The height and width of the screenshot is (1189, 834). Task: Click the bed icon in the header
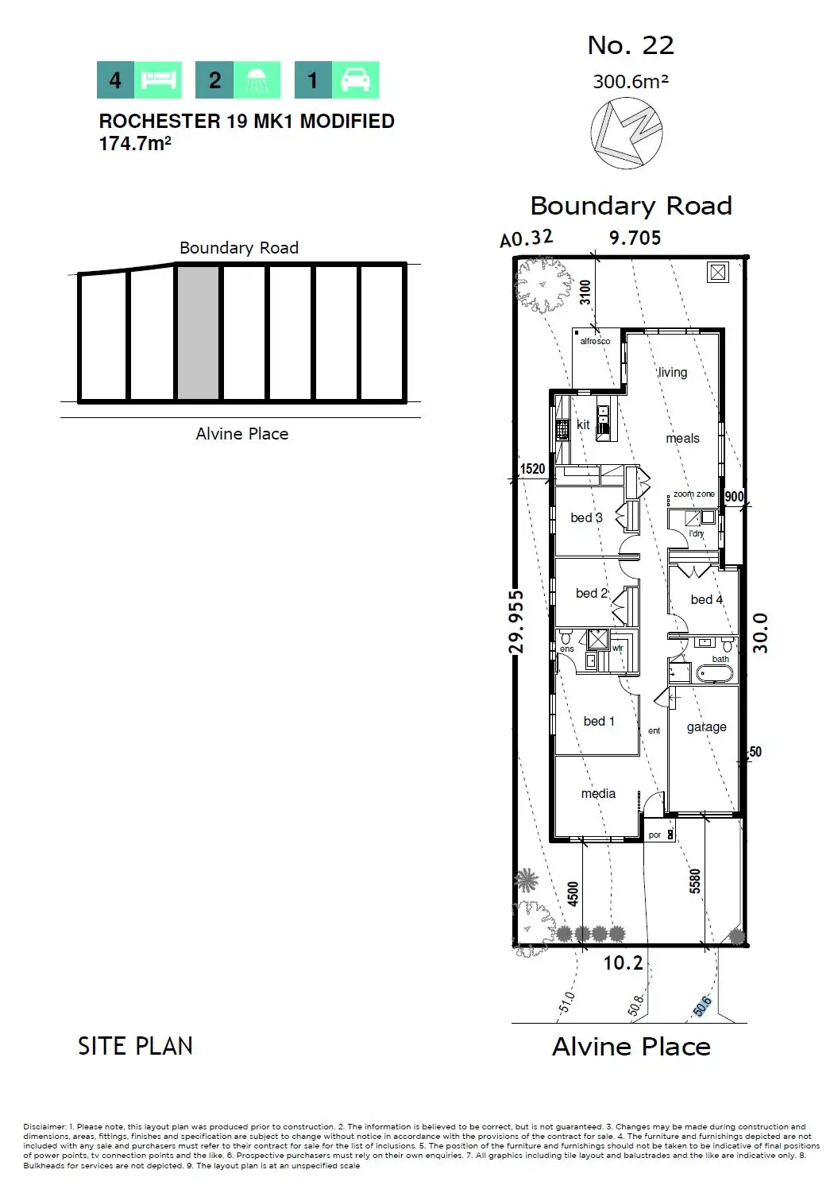[157, 80]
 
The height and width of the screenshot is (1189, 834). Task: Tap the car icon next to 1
[355, 80]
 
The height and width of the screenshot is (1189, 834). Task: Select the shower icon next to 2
[256, 80]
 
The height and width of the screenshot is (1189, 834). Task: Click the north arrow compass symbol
[627, 133]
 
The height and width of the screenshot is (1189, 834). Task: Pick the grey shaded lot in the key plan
[198, 333]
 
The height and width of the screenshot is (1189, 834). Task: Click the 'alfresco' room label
[595, 341]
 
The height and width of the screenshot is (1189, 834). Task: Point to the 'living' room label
[673, 372]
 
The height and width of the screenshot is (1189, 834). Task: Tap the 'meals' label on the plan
[682, 438]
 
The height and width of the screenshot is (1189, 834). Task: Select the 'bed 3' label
[586, 517]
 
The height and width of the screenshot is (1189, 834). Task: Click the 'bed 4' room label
[706, 599]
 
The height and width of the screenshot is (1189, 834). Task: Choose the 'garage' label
[706, 726]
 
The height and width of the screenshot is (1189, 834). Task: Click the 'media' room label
[598, 793]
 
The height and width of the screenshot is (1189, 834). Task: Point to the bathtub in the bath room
[715, 674]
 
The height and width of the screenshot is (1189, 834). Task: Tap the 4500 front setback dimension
[573, 893]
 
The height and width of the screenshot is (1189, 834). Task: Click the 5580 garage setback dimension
[695, 881]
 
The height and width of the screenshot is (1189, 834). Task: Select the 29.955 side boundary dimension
[516, 621]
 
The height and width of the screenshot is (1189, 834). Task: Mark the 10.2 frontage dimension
[623, 962]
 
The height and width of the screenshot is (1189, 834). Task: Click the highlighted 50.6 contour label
[701, 1006]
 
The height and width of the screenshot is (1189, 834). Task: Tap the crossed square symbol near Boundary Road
[718, 273]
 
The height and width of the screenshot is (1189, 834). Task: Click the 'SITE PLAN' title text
[135, 1046]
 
